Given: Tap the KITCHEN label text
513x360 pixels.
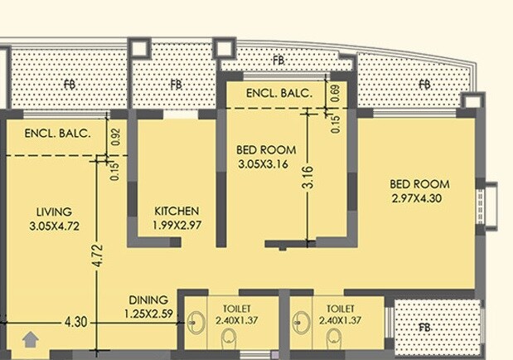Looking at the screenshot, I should pyautogui.click(x=177, y=211).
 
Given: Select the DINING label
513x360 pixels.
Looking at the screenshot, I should pyautogui.click(x=148, y=299).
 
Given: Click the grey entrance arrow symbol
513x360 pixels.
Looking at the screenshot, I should pyautogui.click(x=31, y=338).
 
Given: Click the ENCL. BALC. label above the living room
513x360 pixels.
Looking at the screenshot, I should pyautogui.click(x=56, y=133).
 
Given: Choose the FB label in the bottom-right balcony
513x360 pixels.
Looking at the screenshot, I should pyautogui.click(x=424, y=328).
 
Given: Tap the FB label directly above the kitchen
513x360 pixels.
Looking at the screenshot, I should pyautogui.click(x=176, y=84).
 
